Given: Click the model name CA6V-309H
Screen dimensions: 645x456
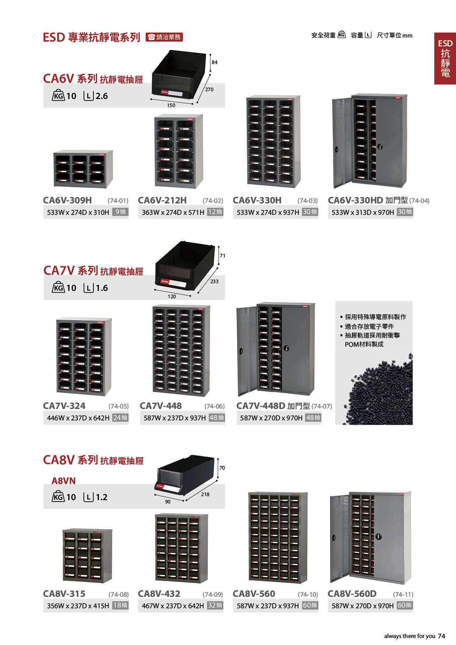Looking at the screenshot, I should pos(67,200).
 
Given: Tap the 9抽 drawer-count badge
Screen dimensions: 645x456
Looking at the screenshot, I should pos(121,212).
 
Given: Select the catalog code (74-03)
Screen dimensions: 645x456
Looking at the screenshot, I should pos(307,201).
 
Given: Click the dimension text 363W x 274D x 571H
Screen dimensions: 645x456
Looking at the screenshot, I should pos(173,212).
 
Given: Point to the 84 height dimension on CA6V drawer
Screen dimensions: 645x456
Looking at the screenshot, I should pos(214,62).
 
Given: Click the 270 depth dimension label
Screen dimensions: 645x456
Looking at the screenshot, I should pos(209,89).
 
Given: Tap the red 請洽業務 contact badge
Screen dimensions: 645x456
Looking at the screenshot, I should pos(164,37).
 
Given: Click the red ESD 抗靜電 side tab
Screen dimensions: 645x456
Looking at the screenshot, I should pos(445,58).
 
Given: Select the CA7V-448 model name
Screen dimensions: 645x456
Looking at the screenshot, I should pos(161,406).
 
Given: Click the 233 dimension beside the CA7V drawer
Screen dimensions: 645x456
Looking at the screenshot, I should pos(214,281).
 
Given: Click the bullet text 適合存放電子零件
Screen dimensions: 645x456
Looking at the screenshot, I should pos(369,326).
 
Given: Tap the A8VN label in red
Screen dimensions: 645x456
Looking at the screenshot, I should pos(64,481).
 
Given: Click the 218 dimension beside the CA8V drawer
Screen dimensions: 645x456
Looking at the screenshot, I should pos(205,494).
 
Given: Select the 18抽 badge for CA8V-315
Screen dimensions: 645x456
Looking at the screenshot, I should pos(120,605).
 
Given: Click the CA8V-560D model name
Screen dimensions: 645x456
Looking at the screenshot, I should pos(352,594).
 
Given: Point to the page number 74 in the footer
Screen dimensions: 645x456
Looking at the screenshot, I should pos(441,636).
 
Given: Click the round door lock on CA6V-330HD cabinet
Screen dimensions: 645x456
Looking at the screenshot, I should pos(380,146).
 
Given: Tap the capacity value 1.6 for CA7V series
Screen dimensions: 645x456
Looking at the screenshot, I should pos(101,288).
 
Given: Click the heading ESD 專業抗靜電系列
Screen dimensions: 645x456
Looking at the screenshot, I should pos(91,37).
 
